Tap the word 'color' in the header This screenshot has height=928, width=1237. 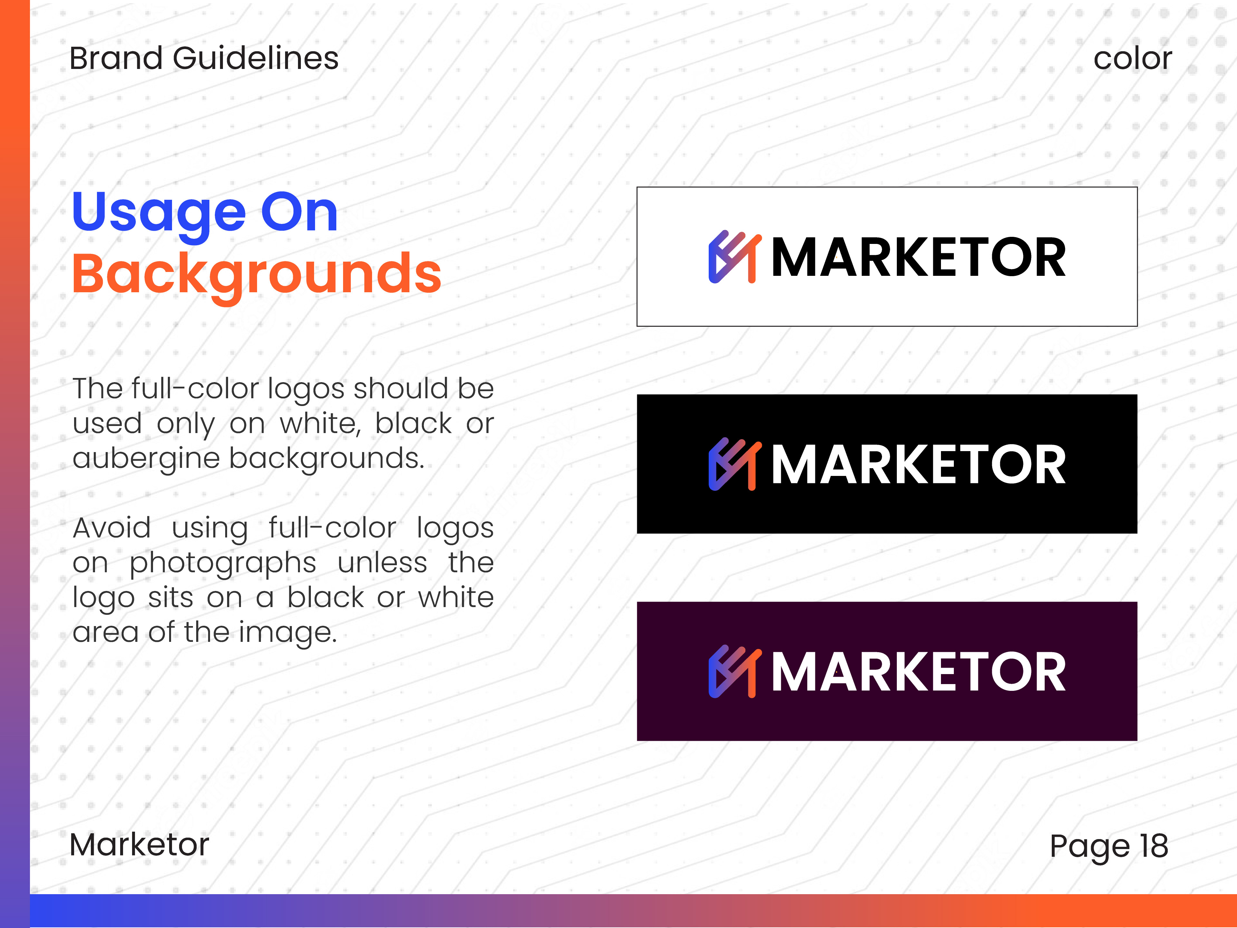[1132, 58]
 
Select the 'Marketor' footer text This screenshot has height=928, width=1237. [139, 844]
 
